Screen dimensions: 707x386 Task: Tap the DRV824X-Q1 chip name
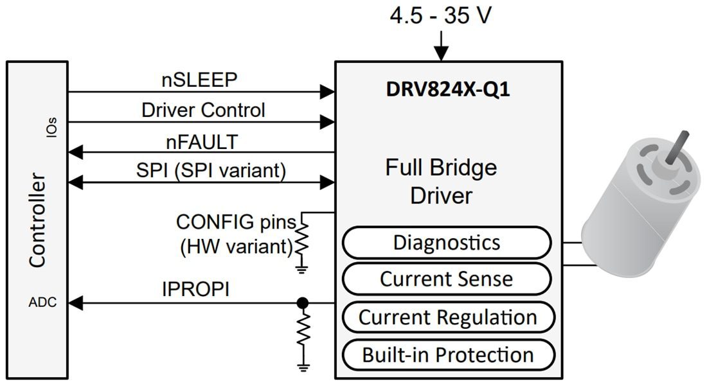[x=448, y=89]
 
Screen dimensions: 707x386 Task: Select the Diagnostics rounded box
[x=446, y=243]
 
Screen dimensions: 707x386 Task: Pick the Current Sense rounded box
[x=446, y=279]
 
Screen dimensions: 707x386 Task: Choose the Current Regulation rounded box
[x=447, y=317]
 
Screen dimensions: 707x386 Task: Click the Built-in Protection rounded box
[x=447, y=355]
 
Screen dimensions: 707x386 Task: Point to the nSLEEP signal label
[x=199, y=80]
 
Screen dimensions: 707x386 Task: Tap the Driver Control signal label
[x=203, y=110]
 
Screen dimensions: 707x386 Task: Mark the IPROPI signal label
[x=195, y=290]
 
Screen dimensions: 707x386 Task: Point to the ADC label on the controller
[x=42, y=303]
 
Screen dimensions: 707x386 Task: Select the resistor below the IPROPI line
[x=303, y=331]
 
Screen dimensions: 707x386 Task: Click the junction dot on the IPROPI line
[x=303, y=303]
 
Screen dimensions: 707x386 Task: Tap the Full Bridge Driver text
[x=441, y=181]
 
